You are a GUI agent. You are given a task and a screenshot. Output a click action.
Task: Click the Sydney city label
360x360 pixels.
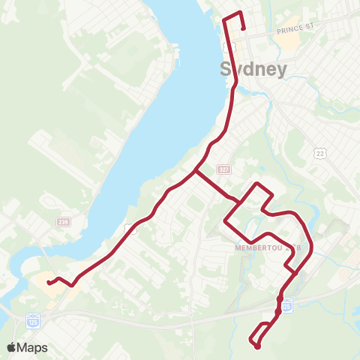coord(253,70)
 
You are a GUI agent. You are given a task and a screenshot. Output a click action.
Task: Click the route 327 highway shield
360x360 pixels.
coord(223,169)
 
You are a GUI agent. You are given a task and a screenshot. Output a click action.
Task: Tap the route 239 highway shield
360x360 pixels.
coord(62,223)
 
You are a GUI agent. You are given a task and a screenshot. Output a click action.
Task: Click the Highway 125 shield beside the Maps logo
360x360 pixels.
coord(31,319)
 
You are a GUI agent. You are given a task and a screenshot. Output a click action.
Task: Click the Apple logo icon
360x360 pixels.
coord(12,347)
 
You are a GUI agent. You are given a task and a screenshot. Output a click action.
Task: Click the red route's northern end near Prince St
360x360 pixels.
coord(244,28)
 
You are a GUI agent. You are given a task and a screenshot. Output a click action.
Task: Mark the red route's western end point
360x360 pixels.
coord(49,283)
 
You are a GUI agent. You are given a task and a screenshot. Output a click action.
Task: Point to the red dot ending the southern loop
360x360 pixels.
coord(257,346)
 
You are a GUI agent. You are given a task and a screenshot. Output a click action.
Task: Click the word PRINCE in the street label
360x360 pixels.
coord(289,31)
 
